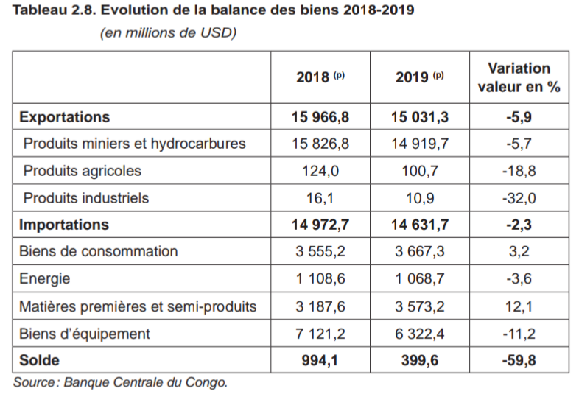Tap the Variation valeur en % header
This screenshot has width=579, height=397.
coord(519,77)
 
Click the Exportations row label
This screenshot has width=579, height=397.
coord(64,117)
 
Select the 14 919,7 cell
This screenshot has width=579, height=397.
coord(419,144)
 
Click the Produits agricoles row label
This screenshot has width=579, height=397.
coord(82,171)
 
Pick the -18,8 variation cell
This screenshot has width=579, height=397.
coord(519,171)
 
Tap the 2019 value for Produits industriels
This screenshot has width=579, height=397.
coord(419,197)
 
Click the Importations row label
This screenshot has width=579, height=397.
coord(63,225)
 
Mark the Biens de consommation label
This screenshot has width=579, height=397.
coord(98,251)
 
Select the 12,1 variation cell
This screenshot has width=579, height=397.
coord(519,306)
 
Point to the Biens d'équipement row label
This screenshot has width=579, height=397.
coord(84,334)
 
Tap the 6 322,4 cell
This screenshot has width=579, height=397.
coord(419,334)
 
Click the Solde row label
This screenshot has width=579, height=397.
coord(39,361)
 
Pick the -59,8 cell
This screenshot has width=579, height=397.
coord(519,361)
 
